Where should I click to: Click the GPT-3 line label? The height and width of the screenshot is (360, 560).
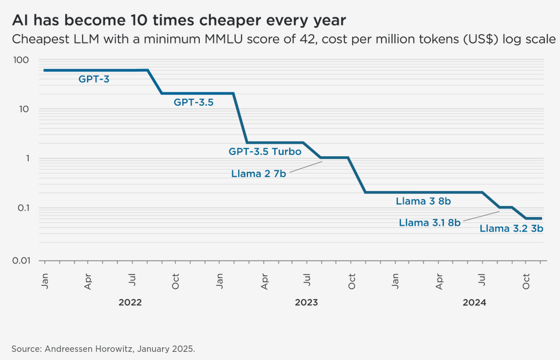pyautogui.click(x=94, y=79)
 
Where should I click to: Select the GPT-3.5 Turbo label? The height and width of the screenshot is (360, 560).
pyautogui.click(x=265, y=152)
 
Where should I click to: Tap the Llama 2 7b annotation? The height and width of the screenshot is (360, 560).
pyautogui.click(x=259, y=173)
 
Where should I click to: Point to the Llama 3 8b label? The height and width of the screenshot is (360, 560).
pyautogui.click(x=423, y=201)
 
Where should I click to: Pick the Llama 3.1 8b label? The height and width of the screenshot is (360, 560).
pyautogui.click(x=430, y=222)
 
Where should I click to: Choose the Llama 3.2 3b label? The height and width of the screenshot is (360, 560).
pyautogui.click(x=511, y=228)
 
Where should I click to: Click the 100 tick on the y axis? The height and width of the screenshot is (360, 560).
pyautogui.click(x=21, y=60)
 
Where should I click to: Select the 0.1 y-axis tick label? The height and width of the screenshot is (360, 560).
pyautogui.click(x=21, y=208)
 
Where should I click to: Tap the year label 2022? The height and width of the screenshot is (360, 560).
pyautogui.click(x=130, y=303)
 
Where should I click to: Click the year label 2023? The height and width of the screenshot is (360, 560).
pyautogui.click(x=306, y=303)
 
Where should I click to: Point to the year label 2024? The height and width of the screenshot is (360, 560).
pyautogui.click(x=474, y=303)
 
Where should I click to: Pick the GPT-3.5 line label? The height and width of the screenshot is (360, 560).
pyautogui.click(x=193, y=102)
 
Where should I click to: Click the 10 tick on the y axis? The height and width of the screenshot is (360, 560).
pyautogui.click(x=24, y=109)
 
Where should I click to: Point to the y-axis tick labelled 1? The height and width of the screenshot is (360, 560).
pyautogui.click(x=27, y=159)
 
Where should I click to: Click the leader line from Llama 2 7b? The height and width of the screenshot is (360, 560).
pyautogui.click(x=306, y=167)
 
